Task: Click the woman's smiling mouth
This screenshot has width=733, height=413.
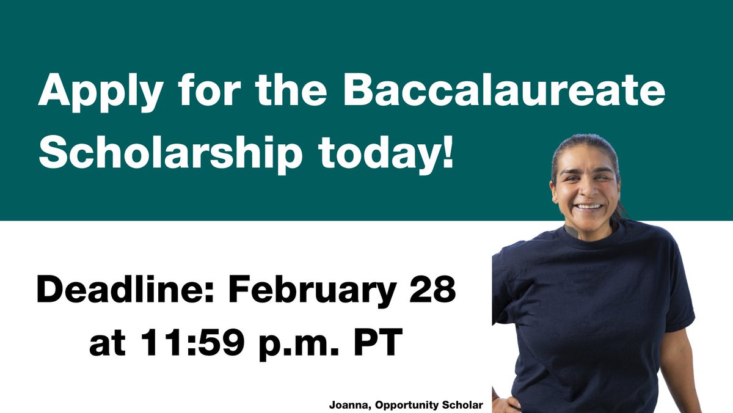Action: click(589, 206)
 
